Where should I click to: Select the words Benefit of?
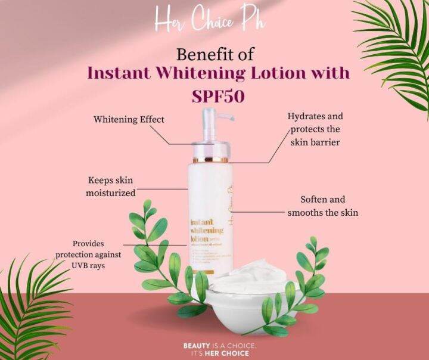click(x=214, y=54)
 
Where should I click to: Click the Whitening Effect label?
click(x=129, y=119)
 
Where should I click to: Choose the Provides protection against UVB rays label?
click(x=89, y=254)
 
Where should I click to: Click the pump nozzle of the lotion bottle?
click(x=209, y=116)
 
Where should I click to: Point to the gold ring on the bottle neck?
click(x=210, y=160)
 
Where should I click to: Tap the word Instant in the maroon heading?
click(x=117, y=74)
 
